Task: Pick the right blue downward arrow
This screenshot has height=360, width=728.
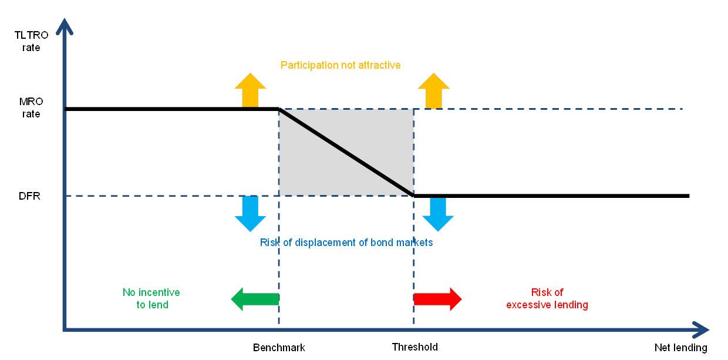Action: click(x=437, y=215)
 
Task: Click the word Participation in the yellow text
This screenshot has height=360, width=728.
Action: click(x=307, y=65)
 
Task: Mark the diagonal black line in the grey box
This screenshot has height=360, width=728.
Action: click(x=346, y=152)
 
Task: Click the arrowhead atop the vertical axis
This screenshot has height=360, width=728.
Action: click(x=66, y=26)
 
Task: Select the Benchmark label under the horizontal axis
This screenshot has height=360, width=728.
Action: click(x=281, y=347)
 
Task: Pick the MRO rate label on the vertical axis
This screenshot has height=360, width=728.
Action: click(x=32, y=108)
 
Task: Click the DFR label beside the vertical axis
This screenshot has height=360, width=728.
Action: click(x=32, y=196)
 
